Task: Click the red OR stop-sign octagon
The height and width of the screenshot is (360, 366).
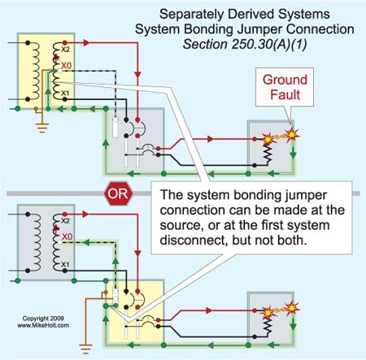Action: (x=119, y=193)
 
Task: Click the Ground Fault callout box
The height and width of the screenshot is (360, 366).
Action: (x=285, y=87)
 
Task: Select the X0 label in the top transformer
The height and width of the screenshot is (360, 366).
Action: (x=66, y=66)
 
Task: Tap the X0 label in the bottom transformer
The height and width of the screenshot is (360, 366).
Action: (x=67, y=236)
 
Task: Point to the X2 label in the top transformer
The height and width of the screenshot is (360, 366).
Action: (x=65, y=50)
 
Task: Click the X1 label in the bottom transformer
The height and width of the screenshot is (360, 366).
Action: (x=65, y=264)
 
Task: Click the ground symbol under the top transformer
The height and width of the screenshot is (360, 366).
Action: (x=42, y=128)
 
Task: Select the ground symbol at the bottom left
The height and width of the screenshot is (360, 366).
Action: (x=85, y=349)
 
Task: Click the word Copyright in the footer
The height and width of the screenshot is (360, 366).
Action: (x=34, y=319)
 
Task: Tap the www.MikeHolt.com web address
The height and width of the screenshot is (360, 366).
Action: (x=43, y=325)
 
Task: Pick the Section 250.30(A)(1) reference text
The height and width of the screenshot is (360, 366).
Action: (x=245, y=44)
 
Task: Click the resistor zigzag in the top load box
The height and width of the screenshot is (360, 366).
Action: (x=268, y=154)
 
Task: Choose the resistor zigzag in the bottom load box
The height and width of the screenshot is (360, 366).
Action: (x=268, y=326)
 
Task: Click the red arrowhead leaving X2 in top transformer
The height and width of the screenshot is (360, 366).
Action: (x=86, y=43)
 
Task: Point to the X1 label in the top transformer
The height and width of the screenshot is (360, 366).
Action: (x=65, y=93)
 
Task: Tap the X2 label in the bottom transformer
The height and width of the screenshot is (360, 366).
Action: (x=65, y=221)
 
